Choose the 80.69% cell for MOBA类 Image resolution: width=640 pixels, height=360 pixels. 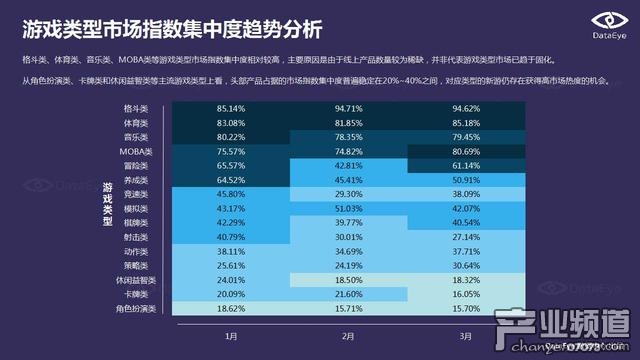tap(467, 151)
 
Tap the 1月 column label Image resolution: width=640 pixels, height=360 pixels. tap(231, 337)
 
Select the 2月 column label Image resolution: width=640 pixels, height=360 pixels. tap(349, 337)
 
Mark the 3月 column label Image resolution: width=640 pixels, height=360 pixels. tap(467, 337)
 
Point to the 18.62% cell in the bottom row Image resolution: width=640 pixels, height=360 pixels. tap(231, 310)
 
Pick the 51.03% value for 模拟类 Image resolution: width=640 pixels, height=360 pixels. tap(349, 208)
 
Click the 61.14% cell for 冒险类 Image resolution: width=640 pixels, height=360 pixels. tap(467, 165)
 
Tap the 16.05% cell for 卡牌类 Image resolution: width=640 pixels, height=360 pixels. tap(467, 295)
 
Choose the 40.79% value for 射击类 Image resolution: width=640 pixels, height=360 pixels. tap(231, 237)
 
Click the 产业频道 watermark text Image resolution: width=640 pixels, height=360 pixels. tap(566, 324)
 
